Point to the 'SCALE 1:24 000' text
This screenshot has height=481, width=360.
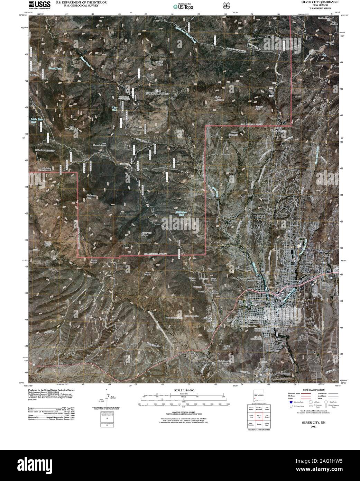click(185, 390)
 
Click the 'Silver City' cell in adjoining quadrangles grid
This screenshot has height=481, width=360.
click(259, 416)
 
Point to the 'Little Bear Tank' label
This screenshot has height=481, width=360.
click(34, 120)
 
